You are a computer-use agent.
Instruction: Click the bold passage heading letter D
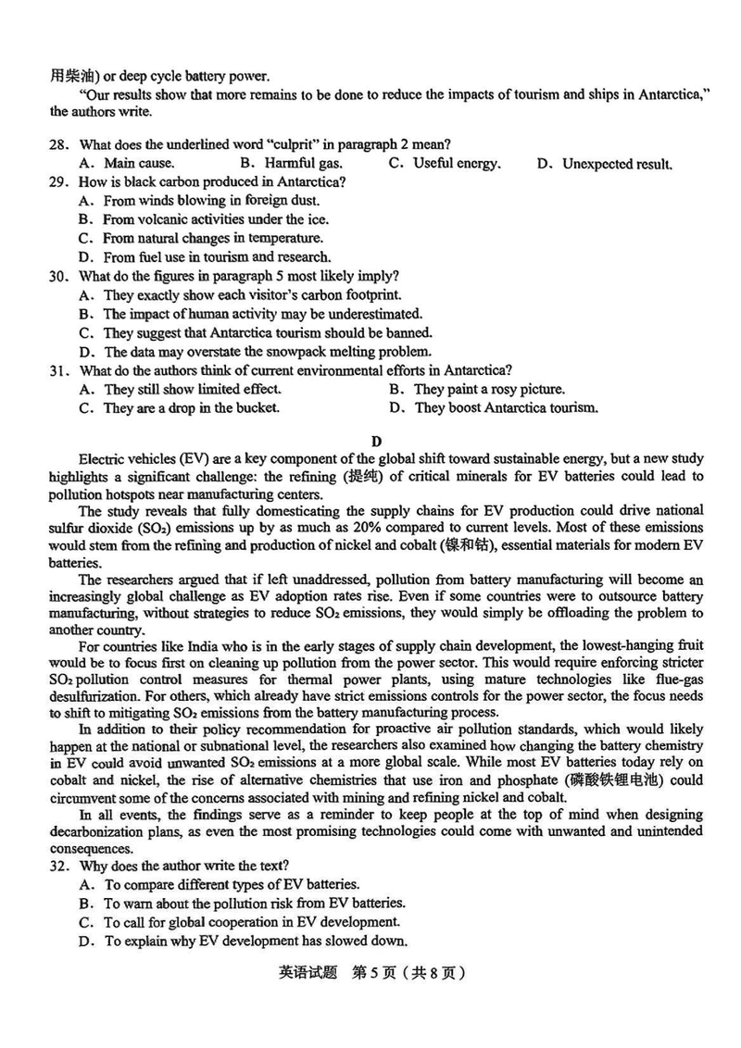pos(376,441)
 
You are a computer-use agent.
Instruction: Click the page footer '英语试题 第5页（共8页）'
pos(370,973)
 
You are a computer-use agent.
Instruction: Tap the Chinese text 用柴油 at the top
pos(69,75)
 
